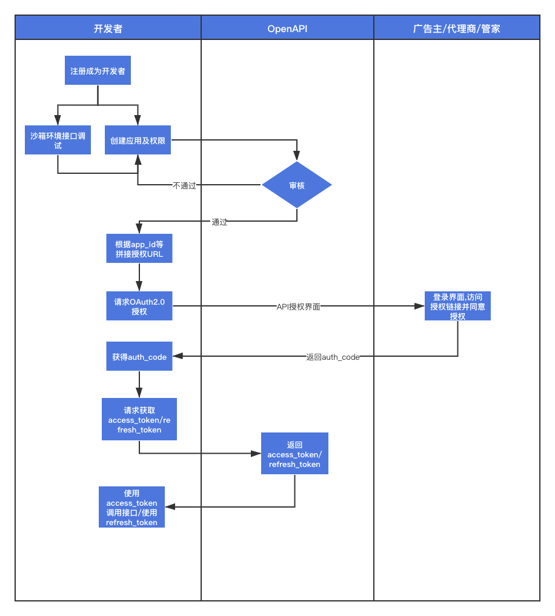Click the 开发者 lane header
[108, 28]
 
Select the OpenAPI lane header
[287, 28]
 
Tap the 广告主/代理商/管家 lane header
[456, 28]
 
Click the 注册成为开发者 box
[98, 71]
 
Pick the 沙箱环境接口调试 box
[58, 141]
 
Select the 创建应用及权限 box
[138, 140]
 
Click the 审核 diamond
[296, 185]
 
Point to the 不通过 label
[185, 185]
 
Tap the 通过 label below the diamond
[219, 222]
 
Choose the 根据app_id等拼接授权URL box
[139, 249]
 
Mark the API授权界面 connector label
[298, 306]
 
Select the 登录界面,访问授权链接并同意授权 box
[457, 306]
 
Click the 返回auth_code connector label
[333, 357]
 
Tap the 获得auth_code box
[139, 357]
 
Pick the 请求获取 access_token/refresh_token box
[139, 419]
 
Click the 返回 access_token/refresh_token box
[294, 454]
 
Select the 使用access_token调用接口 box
[131, 507]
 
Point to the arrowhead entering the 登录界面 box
[419, 306]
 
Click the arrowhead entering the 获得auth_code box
[178, 357]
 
